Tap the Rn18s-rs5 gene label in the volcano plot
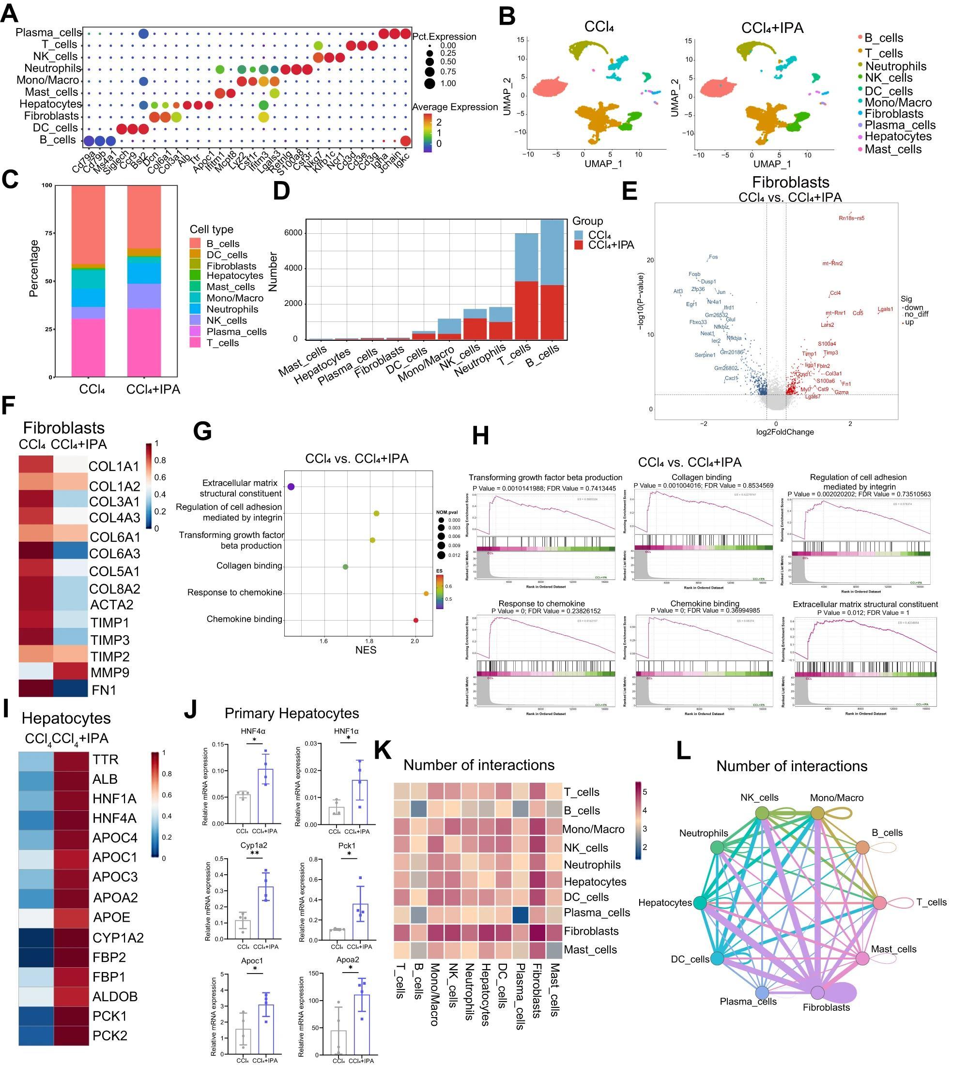(x=851, y=218)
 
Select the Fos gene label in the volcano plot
(x=713, y=257)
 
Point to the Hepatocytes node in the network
(x=700, y=902)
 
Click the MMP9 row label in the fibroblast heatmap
(x=109, y=672)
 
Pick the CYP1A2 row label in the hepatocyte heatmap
(x=118, y=938)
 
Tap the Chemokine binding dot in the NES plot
(x=416, y=620)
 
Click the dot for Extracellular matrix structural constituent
(x=291, y=487)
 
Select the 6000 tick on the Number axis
(x=293, y=233)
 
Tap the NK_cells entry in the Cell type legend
(x=227, y=320)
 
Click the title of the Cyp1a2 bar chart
(x=254, y=845)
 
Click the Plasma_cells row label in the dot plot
(x=48, y=33)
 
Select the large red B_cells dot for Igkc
(x=405, y=140)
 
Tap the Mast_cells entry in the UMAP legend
(x=892, y=150)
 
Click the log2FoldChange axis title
(x=785, y=432)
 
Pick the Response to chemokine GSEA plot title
(x=541, y=603)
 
